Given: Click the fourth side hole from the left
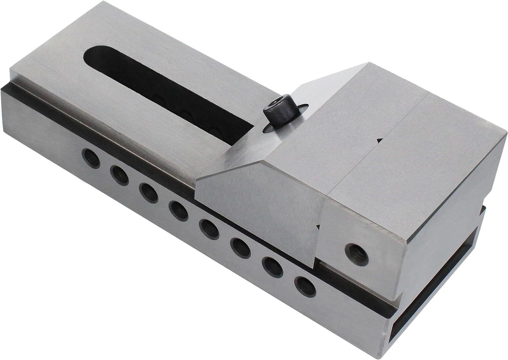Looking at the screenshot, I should pyautogui.click(x=178, y=211).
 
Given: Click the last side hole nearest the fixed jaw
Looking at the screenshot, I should pyautogui.click(x=305, y=285).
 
